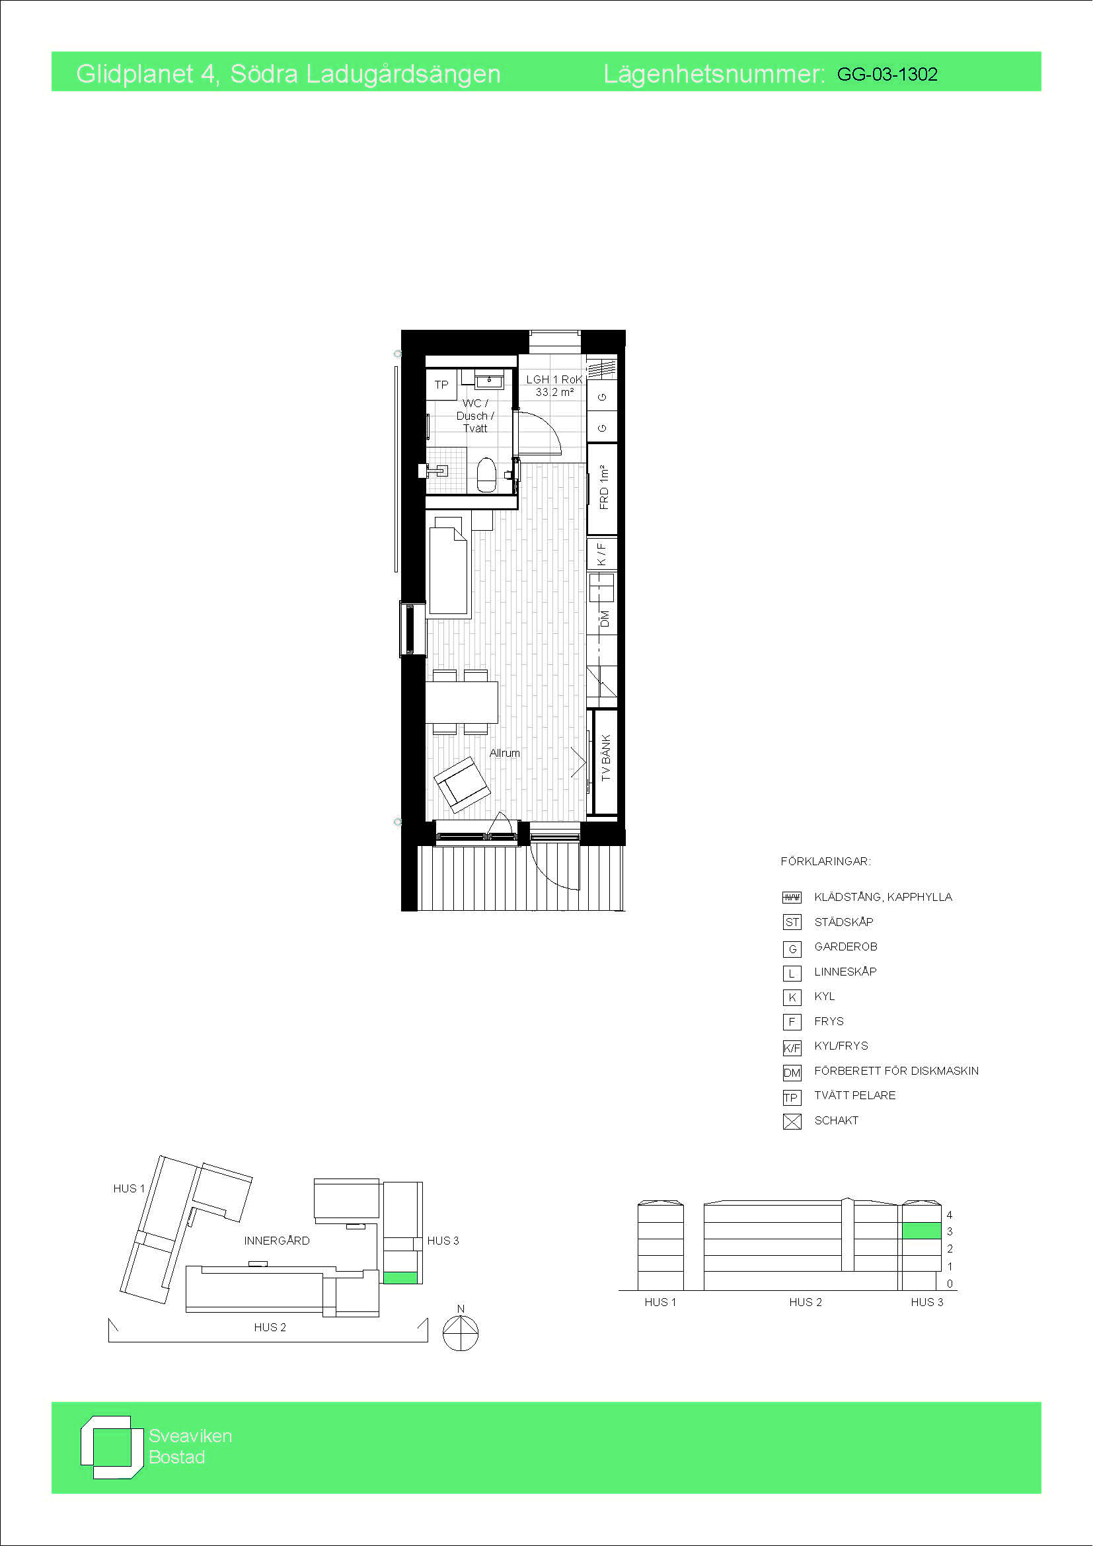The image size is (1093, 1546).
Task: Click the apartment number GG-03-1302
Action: [887, 74]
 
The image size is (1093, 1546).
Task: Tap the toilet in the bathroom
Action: [486, 475]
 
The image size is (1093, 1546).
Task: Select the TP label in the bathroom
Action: [441, 385]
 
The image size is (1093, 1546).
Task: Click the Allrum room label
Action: [505, 753]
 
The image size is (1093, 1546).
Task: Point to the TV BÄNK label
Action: [606, 757]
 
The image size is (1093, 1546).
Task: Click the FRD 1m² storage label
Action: [604, 487]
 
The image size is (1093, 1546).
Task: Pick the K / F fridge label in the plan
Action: [602, 554]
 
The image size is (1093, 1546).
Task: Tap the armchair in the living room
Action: [463, 785]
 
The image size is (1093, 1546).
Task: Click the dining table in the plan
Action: [462, 703]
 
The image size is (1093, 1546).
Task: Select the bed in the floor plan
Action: [448, 571]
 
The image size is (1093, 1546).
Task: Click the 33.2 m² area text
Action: [554, 392]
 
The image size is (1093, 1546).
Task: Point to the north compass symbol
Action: [461, 1332]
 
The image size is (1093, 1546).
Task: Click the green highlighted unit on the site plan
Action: [400, 1278]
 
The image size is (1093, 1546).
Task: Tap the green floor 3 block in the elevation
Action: [921, 1230]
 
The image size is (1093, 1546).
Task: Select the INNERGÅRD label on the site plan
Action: [277, 1240]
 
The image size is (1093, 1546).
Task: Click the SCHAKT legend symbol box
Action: [792, 1122]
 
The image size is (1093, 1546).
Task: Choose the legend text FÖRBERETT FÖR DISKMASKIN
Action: [897, 1071]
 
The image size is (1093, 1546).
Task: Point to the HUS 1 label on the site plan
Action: [130, 1188]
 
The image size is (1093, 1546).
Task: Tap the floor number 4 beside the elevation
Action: [950, 1215]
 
